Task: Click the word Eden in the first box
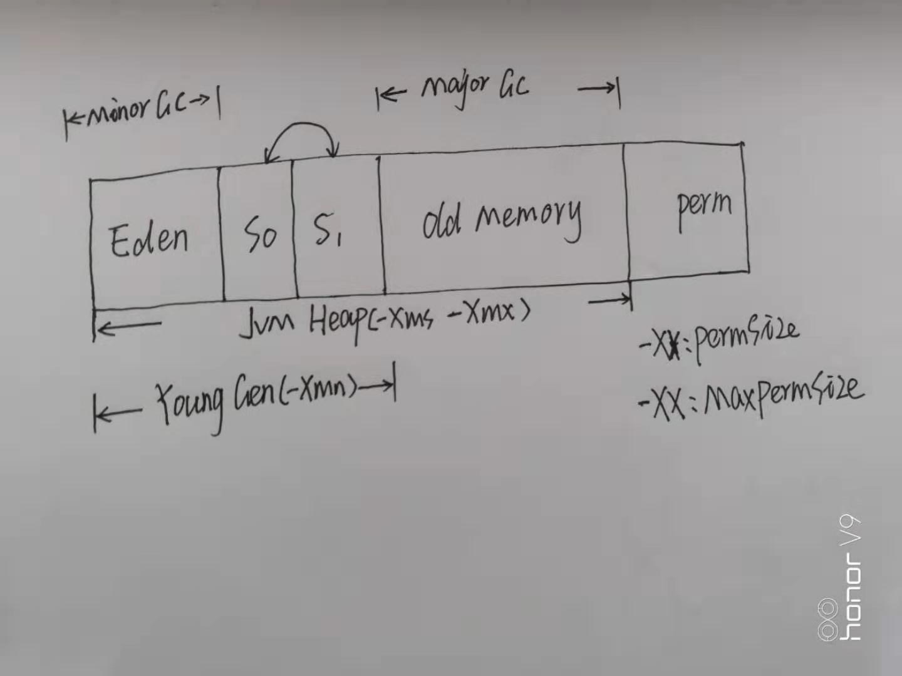(149, 239)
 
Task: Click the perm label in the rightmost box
(703, 207)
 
